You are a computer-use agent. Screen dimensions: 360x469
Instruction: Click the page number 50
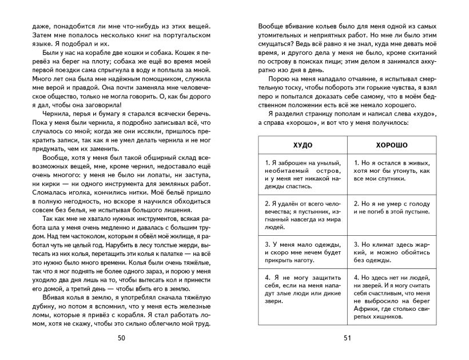(x=121, y=338)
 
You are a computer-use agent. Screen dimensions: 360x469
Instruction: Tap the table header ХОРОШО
(x=391, y=145)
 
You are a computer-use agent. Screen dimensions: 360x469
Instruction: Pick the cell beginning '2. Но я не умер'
(x=391, y=207)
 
